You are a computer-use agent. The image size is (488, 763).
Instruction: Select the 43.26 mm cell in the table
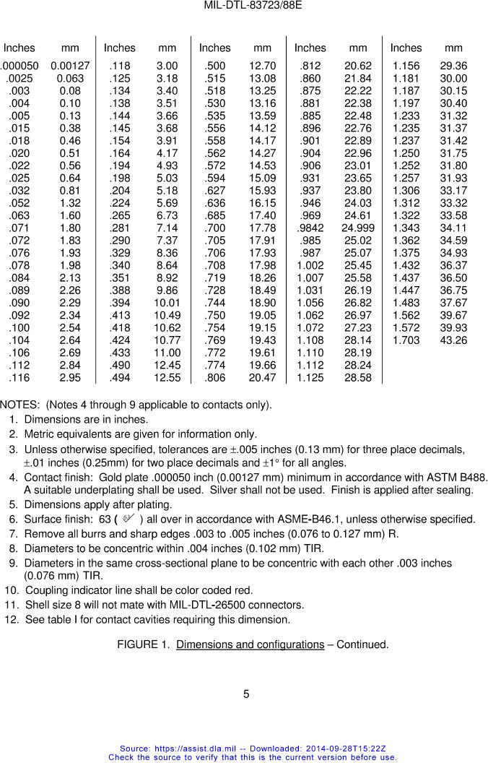click(453, 340)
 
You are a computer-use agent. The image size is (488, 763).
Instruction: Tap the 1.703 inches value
click(406, 340)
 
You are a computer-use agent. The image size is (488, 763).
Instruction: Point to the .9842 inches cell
click(310, 228)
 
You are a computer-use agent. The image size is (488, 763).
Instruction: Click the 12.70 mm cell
click(262, 66)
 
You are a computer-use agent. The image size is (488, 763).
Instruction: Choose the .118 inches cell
click(119, 66)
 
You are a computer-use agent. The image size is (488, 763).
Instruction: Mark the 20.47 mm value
click(262, 378)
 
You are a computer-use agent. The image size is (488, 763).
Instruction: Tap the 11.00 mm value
click(167, 353)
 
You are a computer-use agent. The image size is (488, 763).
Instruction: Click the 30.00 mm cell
click(453, 78)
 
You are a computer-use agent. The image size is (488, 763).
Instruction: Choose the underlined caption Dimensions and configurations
click(250, 645)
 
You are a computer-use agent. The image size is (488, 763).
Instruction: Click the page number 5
click(246, 694)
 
